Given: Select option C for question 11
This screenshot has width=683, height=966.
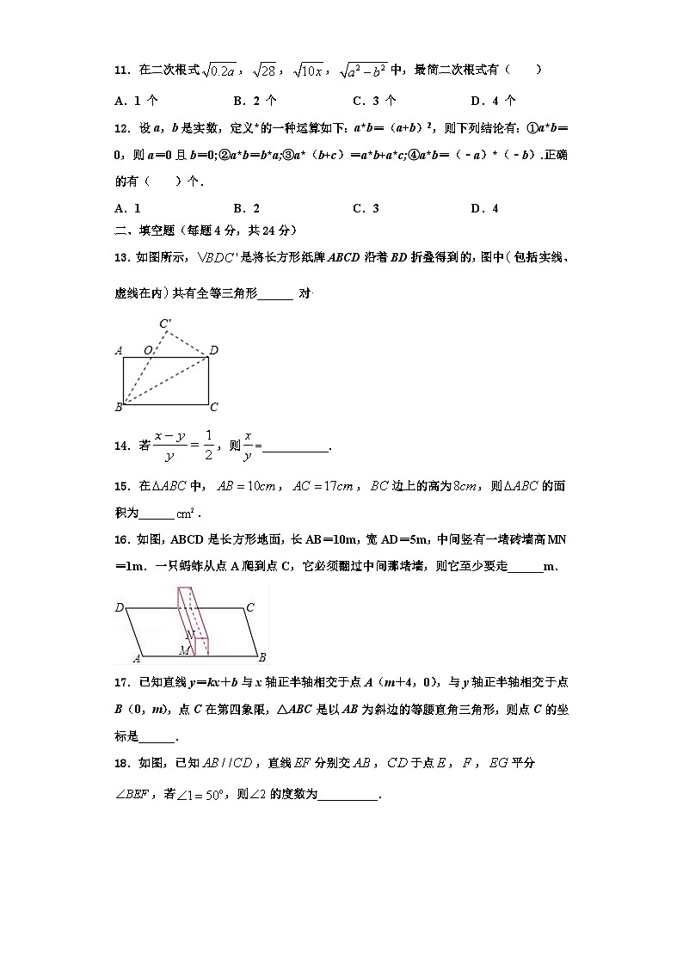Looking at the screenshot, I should pyautogui.click(x=373, y=100).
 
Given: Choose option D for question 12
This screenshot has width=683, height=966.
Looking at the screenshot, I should pyautogui.click(x=484, y=208).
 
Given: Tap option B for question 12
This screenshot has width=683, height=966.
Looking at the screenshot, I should pyautogui.click(x=246, y=208).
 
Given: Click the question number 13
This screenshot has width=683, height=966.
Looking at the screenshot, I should pyautogui.click(x=122, y=255).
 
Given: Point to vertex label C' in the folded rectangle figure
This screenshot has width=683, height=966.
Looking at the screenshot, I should pyautogui.click(x=166, y=324).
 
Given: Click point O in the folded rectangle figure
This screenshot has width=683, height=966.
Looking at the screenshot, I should pyautogui.click(x=149, y=350).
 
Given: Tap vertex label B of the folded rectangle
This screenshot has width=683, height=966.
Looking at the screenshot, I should pyautogui.click(x=118, y=407).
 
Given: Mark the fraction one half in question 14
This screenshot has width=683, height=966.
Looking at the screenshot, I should pyautogui.click(x=208, y=446).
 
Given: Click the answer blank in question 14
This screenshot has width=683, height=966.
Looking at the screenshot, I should pyautogui.click(x=295, y=447).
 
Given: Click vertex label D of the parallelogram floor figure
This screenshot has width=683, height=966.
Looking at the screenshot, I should pyautogui.click(x=119, y=608).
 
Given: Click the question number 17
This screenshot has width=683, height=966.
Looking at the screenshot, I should pyautogui.click(x=122, y=683).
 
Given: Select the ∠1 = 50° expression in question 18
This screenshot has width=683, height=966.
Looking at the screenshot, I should pyautogui.click(x=200, y=795).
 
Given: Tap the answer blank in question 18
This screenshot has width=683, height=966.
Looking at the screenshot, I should pyautogui.click(x=348, y=795).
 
